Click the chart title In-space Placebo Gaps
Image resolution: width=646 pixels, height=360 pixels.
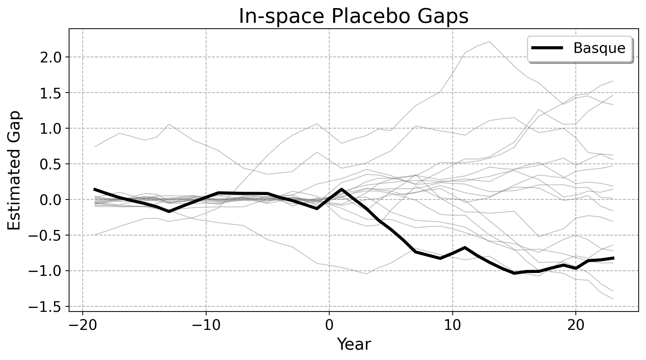click(x=353, y=16)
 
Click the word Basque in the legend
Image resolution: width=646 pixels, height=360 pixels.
click(x=599, y=48)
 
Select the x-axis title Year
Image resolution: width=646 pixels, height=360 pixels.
click(x=354, y=345)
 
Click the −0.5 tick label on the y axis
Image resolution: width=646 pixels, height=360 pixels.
click(x=49, y=235)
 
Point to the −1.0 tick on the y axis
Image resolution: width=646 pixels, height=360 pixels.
click(x=49, y=271)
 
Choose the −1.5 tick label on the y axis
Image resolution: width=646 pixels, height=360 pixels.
click(x=49, y=307)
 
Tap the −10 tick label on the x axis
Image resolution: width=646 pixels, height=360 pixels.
click(x=206, y=325)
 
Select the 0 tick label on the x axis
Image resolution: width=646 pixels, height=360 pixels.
click(x=329, y=325)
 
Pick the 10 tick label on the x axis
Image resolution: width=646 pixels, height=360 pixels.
click(x=452, y=325)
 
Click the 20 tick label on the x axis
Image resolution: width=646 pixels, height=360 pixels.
click(x=575, y=325)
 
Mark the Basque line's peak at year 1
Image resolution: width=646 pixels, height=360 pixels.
click(x=342, y=189)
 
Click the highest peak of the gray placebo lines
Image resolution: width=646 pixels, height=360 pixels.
click(x=489, y=42)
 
